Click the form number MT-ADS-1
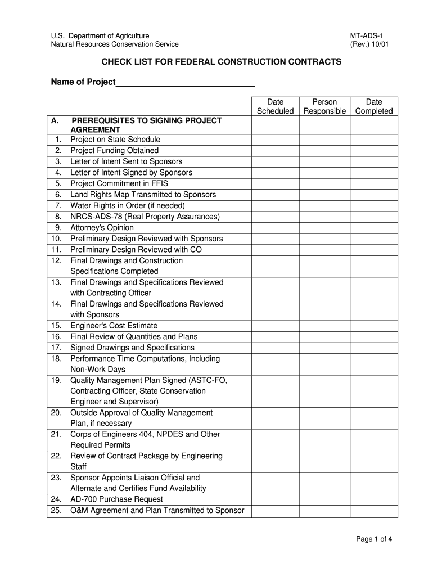pyautogui.click(x=366, y=36)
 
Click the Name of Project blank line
pyautogui.click(x=185, y=83)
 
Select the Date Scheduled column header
pyautogui.click(x=275, y=106)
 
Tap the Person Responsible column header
pyautogui.click(x=324, y=106)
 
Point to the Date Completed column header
pyautogui.click(x=374, y=106)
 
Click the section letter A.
pyautogui.click(x=55, y=120)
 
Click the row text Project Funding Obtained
pyautogui.click(x=114, y=150)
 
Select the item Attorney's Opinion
pyautogui.click(x=102, y=227)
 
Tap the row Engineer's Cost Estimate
pyautogui.click(x=114, y=326)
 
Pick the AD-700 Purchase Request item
pyautogui.click(x=116, y=499)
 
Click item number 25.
pyautogui.click(x=56, y=510)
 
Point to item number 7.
pyautogui.click(x=58, y=205)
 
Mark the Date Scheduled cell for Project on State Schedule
pyautogui.click(x=275, y=139)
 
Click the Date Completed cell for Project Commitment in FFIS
pyautogui.click(x=374, y=183)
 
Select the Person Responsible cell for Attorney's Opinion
pyautogui.click(x=324, y=227)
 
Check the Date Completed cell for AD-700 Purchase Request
pyautogui.click(x=374, y=499)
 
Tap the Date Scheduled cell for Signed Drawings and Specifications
pyautogui.click(x=275, y=348)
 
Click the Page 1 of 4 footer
pyautogui.click(x=373, y=539)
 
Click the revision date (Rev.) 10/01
pyautogui.click(x=369, y=44)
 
